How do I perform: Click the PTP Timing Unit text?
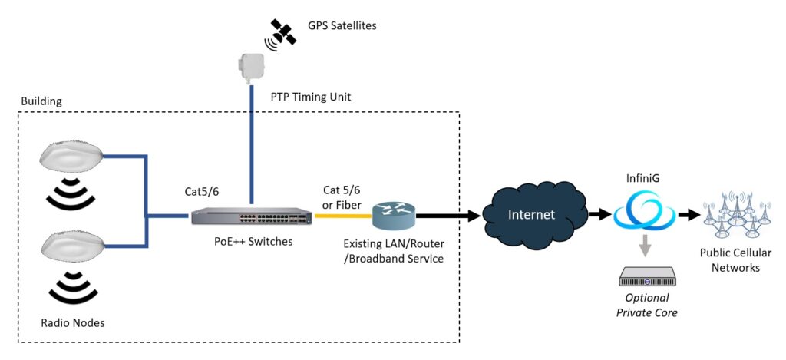pyautogui.click(x=311, y=97)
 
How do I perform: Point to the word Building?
pyautogui.click(x=41, y=101)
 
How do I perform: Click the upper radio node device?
pyautogui.click(x=71, y=158)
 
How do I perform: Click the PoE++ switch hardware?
pyautogui.click(x=250, y=216)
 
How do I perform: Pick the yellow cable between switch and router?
pyautogui.click(x=342, y=216)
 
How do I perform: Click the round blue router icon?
pyautogui.click(x=393, y=216)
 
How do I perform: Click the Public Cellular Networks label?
pyautogui.click(x=735, y=261)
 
